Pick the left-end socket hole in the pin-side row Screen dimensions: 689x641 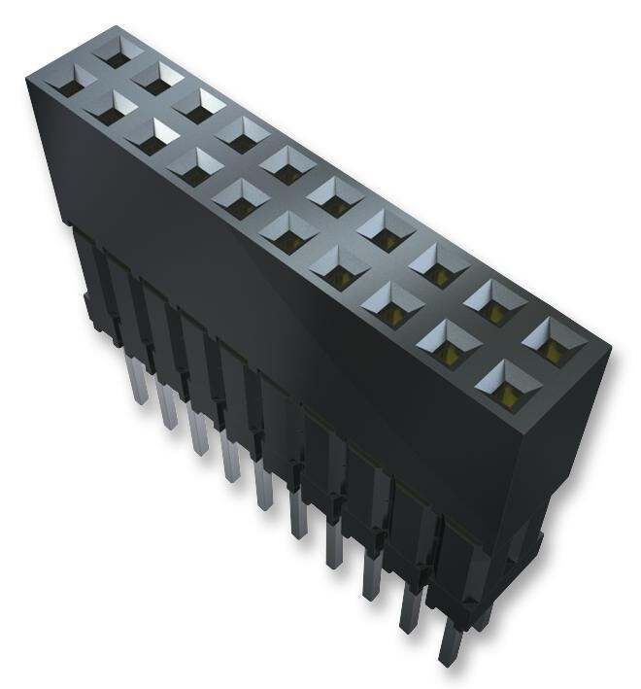point(69,86)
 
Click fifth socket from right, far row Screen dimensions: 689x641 point(329,190)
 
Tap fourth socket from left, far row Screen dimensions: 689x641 point(243,132)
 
